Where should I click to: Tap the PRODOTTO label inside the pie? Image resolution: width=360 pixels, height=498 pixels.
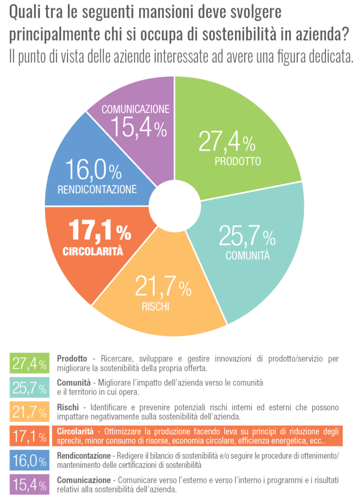tap(238, 161)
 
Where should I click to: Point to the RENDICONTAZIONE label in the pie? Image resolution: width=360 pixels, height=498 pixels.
tap(97, 189)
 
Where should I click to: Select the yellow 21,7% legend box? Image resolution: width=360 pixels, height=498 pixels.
tap(30, 412)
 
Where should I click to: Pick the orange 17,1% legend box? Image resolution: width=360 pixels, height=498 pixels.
tap(30, 436)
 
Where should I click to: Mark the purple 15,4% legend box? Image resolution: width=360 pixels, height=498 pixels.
tap(30, 484)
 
